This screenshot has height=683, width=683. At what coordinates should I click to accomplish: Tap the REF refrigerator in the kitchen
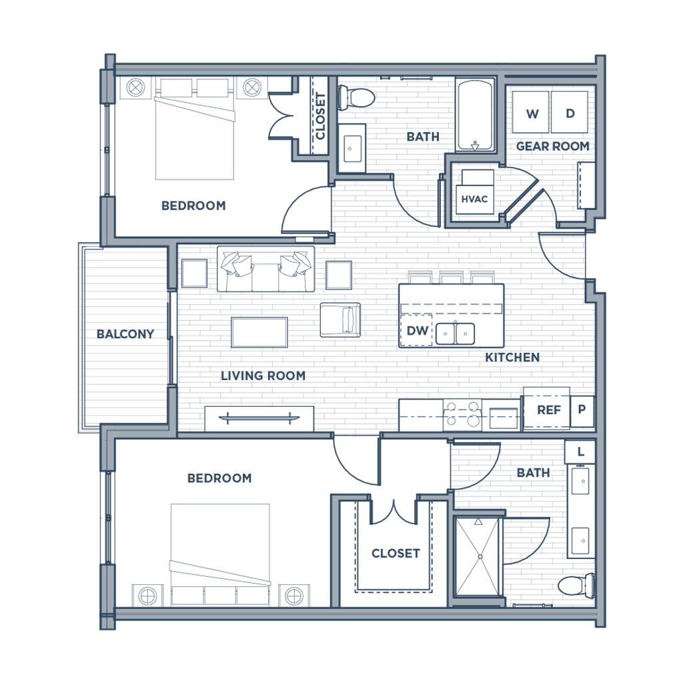click(x=548, y=410)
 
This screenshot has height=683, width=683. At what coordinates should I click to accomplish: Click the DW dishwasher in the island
click(x=416, y=330)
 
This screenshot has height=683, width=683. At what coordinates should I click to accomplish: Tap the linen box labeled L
click(x=581, y=452)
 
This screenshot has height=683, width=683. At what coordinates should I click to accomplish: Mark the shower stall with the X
click(x=478, y=556)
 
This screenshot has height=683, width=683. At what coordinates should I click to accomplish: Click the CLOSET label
click(x=395, y=553)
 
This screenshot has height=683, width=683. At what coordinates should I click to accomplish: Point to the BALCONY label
click(x=125, y=333)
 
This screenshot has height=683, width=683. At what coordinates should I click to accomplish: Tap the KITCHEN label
click(x=512, y=358)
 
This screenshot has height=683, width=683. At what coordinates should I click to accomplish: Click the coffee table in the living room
click(x=260, y=331)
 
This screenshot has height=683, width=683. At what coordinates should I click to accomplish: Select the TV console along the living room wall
click(x=258, y=418)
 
